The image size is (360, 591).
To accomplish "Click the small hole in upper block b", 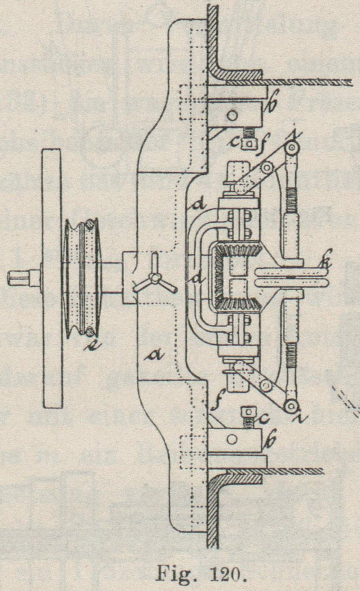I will pyautogui.click(x=233, y=115).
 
